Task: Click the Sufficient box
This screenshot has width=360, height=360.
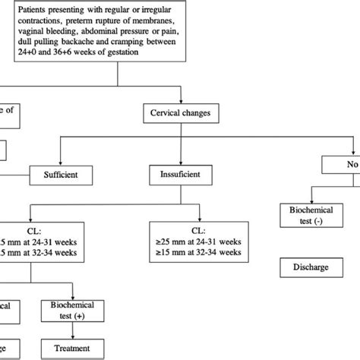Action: coord(67,174)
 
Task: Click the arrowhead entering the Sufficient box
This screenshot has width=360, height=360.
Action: coord(67,163)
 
